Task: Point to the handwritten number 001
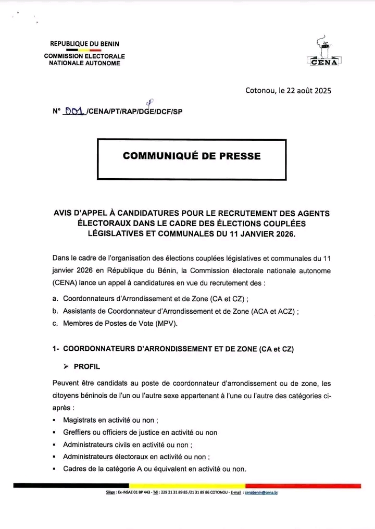(x=74, y=111)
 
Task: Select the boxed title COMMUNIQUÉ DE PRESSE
(x=192, y=156)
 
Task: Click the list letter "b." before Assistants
(x=55, y=311)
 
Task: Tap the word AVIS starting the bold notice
(x=63, y=213)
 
